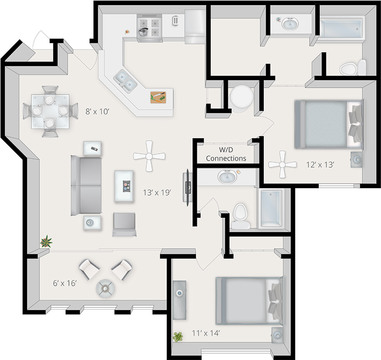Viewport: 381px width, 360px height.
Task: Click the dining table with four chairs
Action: [x=48, y=108]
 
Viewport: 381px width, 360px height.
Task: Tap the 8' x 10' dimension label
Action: [x=98, y=112]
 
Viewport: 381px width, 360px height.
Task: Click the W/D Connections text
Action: [x=226, y=154]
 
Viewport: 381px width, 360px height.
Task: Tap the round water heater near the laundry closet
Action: [x=241, y=97]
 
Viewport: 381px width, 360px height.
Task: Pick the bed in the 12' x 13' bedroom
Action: [x=326, y=123]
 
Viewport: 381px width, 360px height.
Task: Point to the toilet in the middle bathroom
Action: [x=241, y=211]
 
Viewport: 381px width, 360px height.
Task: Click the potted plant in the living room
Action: [x=46, y=241]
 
